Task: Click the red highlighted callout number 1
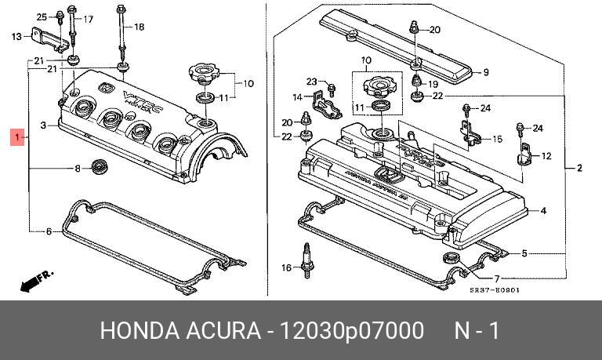pos(16,139)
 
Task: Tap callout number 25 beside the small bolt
pos(42,16)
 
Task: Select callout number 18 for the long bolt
pos(139,27)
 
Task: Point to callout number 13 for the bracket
pos(16,36)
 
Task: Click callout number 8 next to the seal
pos(78,169)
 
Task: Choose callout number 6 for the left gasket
pos(48,231)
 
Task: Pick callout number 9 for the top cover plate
pos(485,73)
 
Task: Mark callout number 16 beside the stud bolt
pos(285,268)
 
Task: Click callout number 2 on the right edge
pos(578,169)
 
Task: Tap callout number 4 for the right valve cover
pos(542,211)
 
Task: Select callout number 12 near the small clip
pos(546,156)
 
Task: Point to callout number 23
pos(311,82)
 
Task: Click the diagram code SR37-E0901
pos(495,289)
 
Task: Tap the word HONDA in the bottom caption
pos(130,330)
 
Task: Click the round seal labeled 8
pos(100,167)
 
